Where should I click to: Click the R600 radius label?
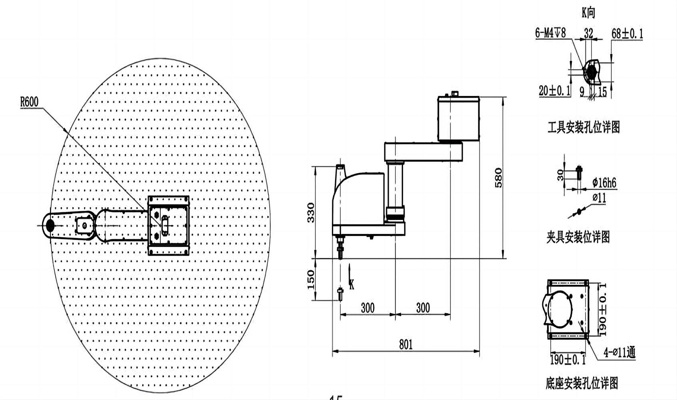[30, 102]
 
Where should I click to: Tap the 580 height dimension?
[498, 178]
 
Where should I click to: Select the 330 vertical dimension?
[311, 212]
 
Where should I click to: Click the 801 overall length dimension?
[405, 344]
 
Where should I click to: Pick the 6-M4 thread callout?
[550, 33]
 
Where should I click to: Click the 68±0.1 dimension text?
[627, 34]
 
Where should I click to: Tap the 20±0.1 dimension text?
[554, 91]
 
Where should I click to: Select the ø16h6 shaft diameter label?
[604, 183]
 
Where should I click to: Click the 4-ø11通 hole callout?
[619, 352]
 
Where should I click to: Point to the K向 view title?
[588, 13]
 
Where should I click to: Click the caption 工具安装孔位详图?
[583, 128]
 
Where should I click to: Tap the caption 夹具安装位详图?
[578, 237]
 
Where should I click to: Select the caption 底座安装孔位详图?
[581, 383]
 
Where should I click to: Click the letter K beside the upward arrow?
[351, 284]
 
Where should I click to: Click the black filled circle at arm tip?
[50, 225]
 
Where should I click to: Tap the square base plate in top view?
[168, 226]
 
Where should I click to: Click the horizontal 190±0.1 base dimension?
[567, 360]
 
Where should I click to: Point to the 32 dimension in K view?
[588, 33]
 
